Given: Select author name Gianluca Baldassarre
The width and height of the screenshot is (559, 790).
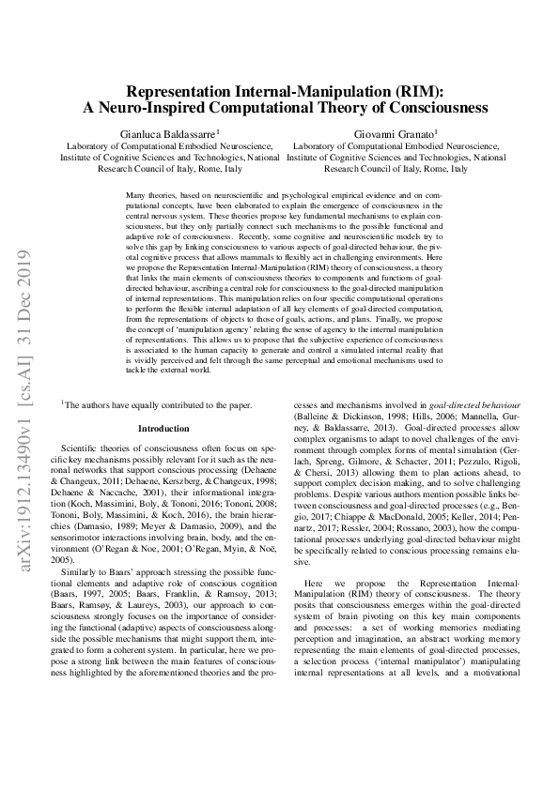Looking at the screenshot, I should click(167, 134).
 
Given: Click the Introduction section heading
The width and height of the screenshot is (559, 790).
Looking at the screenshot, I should click(163, 428).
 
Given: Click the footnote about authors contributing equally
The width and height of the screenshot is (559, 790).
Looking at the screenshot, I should click(158, 404).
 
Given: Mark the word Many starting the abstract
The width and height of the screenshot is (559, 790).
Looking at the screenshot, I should click(135, 193).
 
